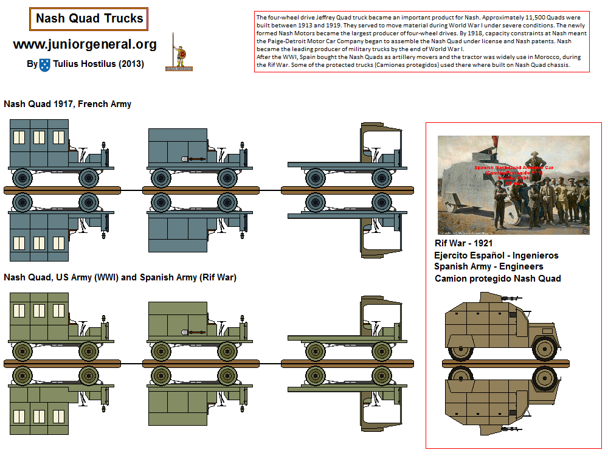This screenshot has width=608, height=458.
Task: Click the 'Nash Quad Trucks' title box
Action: [89, 19]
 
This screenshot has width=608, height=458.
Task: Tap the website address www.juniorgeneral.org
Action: [85, 44]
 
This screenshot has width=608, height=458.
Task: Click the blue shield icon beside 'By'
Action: [45, 64]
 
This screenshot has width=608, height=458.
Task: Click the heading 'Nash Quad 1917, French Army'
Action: [67, 104]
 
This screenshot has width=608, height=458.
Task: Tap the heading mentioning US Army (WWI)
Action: [120, 277]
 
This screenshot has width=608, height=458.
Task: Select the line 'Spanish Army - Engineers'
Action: [488, 266]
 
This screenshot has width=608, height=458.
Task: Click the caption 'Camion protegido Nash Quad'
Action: [497, 278]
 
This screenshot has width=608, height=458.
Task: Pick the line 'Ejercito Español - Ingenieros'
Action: [496, 255]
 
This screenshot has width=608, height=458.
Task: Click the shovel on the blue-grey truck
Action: [193, 159]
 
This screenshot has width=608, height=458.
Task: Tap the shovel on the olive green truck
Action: [193, 332]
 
